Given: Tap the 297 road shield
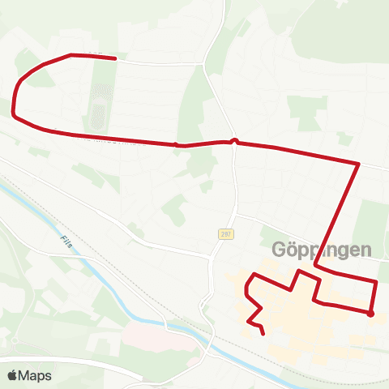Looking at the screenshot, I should (x=225, y=234).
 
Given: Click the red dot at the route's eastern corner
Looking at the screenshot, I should (x=370, y=314).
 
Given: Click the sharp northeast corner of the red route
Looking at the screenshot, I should (x=358, y=164).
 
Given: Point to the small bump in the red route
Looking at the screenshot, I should (x=234, y=140).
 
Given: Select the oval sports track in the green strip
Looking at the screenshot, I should (x=100, y=106).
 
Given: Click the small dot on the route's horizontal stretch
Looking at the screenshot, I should (x=176, y=145).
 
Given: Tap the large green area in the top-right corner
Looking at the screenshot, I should (x=348, y=32).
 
